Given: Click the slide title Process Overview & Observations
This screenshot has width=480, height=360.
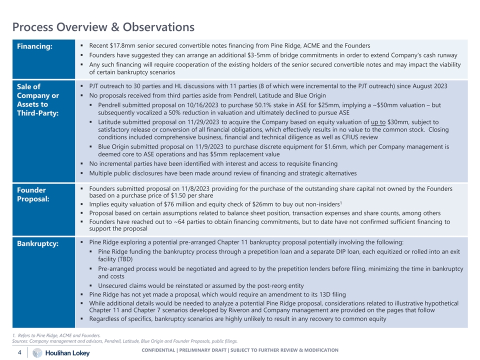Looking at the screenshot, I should [103, 26].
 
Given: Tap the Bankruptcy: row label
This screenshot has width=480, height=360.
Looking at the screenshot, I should [37, 243].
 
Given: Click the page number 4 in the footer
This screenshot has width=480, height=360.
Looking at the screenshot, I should [19, 352].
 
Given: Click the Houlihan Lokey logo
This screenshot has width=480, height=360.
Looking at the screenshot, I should [62, 353].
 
